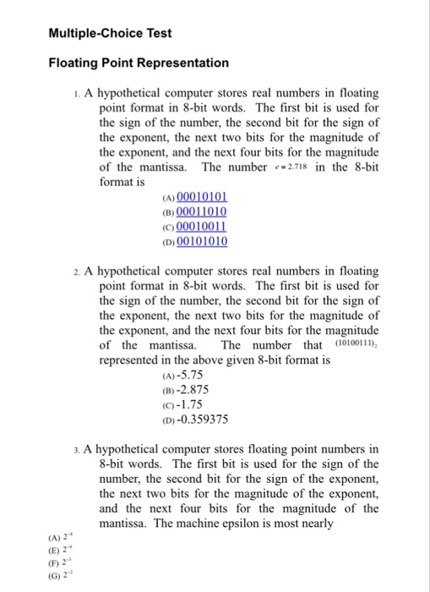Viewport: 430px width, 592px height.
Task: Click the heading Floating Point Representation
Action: tap(138, 63)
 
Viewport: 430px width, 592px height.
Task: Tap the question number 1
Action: tap(76, 93)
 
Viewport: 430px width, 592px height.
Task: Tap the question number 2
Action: tap(76, 271)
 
